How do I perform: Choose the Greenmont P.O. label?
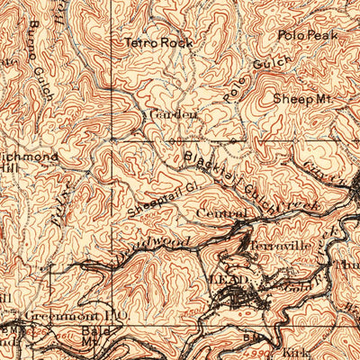(61, 316)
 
